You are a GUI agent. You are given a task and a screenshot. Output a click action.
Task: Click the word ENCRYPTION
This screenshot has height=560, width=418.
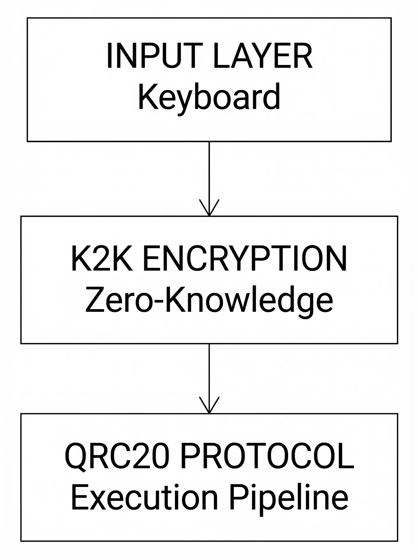[245, 259]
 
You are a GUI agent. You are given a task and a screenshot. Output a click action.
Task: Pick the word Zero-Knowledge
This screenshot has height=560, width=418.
[209, 300]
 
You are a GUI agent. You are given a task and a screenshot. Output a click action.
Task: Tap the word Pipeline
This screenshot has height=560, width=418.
[289, 497]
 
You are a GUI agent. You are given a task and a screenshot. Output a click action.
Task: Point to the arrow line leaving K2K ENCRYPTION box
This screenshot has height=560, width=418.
[209, 370]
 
